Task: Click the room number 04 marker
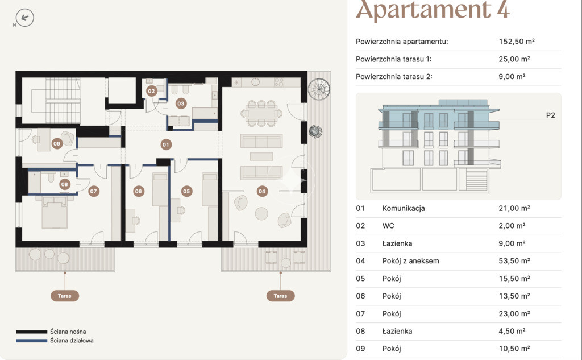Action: pyautogui.click(x=262, y=191)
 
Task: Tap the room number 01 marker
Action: pyautogui.click(x=166, y=144)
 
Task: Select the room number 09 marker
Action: pyautogui.click(x=57, y=143)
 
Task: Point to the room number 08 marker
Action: pyautogui.click(x=65, y=184)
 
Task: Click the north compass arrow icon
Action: pyautogui.click(x=25, y=18)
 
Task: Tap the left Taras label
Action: pyautogui.click(x=65, y=296)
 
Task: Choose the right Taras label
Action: pyautogui.click(x=281, y=296)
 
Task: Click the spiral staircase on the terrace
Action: pyautogui.click(x=318, y=89)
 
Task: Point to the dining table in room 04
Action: pyautogui.click(x=261, y=113)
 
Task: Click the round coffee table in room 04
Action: pyautogui.click(x=261, y=214)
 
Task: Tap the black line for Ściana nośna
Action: pyautogui.click(x=32, y=332)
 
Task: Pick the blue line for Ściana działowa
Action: pyautogui.click(x=32, y=341)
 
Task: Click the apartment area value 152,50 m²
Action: pyautogui.click(x=516, y=42)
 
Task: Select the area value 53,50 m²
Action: pyautogui.click(x=514, y=261)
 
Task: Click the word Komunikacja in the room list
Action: pyautogui.click(x=404, y=208)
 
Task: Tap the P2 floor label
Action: pyautogui.click(x=550, y=115)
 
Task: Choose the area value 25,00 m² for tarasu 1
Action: pyautogui.click(x=514, y=59)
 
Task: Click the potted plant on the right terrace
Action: pyautogui.click(x=315, y=131)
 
